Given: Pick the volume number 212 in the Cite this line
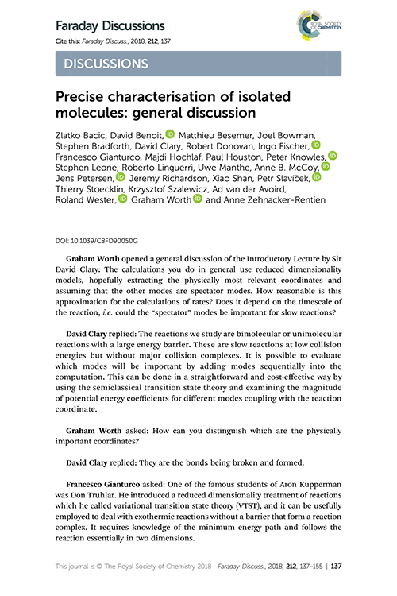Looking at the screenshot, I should coord(150,41).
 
